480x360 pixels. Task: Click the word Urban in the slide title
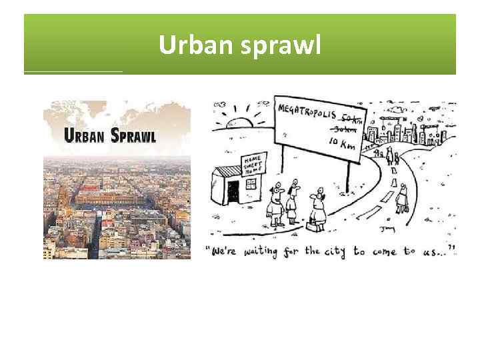pos(189,45)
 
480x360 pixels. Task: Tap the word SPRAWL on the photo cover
pos(133,135)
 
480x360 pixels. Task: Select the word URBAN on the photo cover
pos(86,135)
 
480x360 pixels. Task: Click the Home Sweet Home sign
pos(253,163)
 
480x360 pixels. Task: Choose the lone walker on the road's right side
pos(402,198)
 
